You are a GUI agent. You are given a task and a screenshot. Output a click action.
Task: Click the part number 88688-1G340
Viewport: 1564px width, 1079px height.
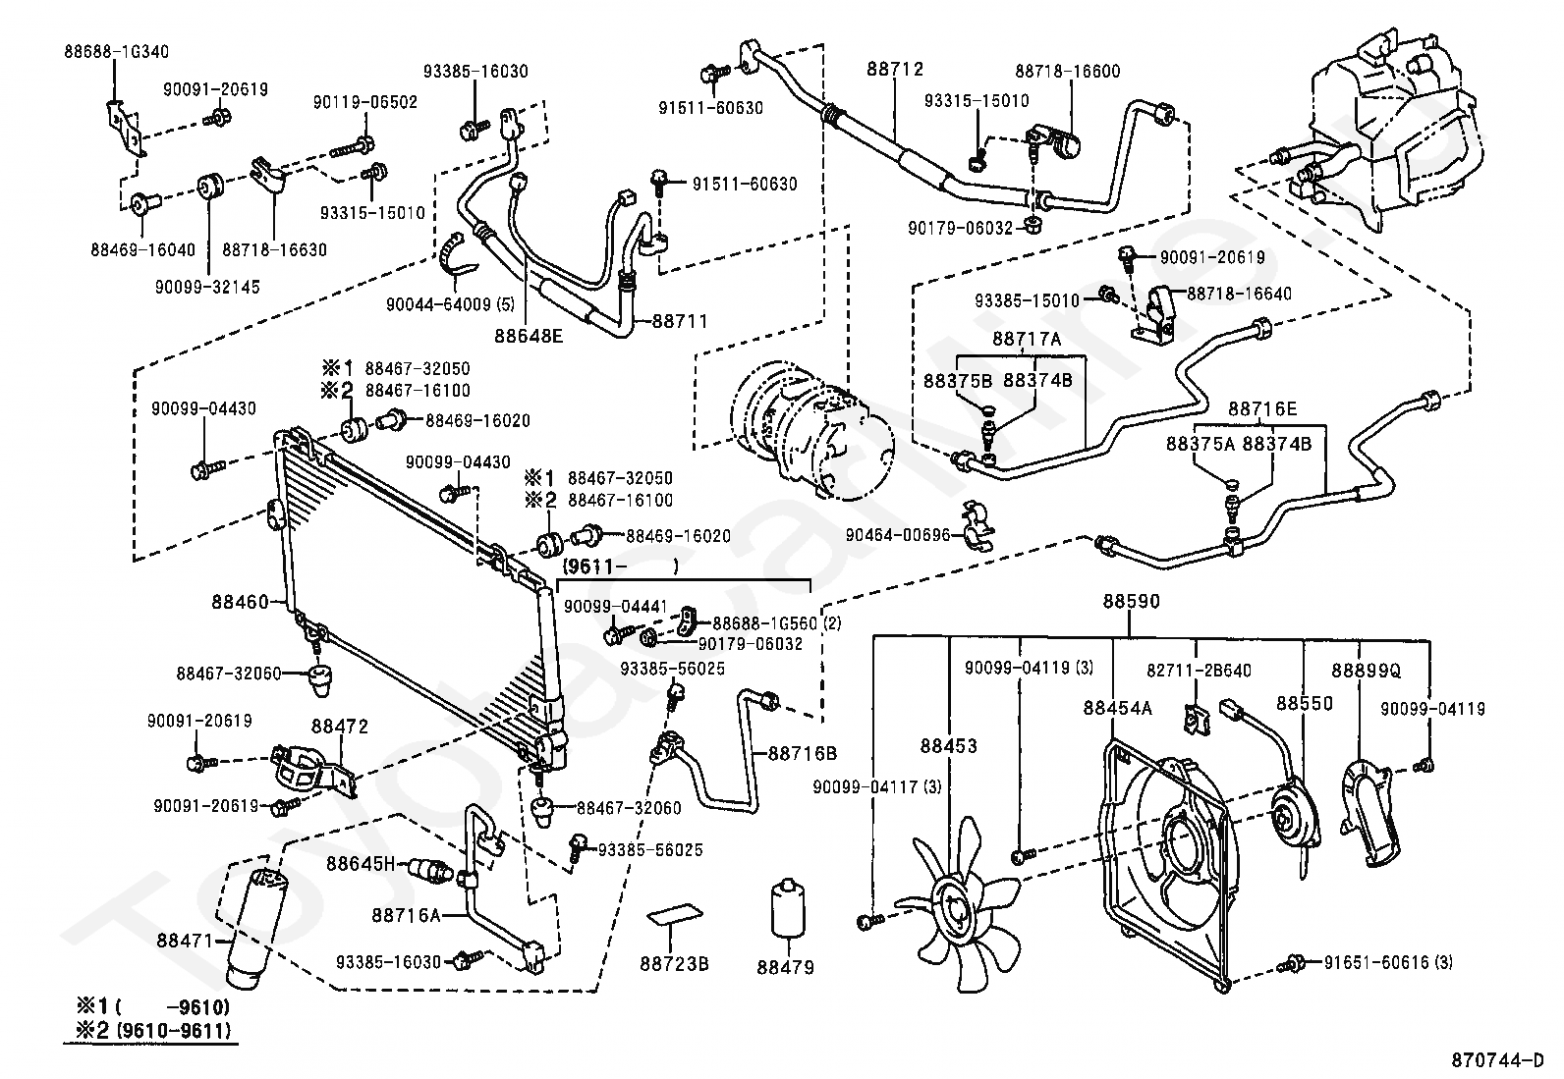pos(117,52)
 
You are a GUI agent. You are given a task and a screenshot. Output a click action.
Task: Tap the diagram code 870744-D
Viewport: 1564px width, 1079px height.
pos(1497,1060)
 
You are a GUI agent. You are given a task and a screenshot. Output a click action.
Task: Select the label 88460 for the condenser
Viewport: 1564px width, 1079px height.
pos(240,602)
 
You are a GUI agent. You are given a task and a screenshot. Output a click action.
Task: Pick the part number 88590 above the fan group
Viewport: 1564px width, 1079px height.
pos(1131,601)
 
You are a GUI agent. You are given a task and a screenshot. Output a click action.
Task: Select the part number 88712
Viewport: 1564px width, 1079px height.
pos(895,69)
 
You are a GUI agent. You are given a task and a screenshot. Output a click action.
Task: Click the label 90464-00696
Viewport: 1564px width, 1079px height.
pos(898,535)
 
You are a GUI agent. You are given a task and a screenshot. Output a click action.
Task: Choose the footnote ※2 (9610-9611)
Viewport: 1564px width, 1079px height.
pos(153,1030)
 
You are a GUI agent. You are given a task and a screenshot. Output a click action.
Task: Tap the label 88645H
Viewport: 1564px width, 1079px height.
pos(361,864)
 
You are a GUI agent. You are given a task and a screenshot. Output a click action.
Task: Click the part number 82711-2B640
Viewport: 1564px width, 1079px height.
pos(1199,671)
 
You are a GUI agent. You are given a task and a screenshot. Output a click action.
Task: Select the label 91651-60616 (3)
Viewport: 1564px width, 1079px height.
pos(1389,962)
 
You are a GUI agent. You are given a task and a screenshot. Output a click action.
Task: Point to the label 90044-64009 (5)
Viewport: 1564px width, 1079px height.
pos(450,305)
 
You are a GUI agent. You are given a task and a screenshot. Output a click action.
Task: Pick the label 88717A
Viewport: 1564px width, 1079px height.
pos(1027,339)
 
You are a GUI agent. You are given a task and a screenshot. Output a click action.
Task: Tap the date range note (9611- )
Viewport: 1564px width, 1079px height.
pos(620,566)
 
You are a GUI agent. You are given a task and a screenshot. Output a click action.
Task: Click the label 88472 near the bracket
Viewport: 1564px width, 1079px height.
pos(339,727)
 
